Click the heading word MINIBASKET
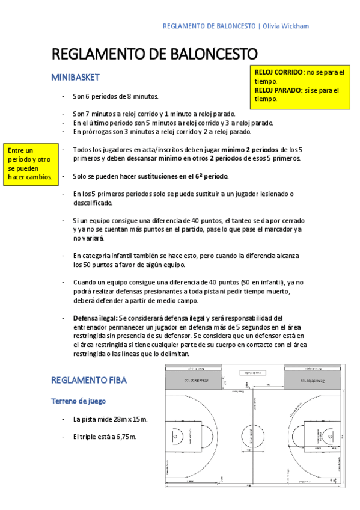point(75,78)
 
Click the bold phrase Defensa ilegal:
point(95,318)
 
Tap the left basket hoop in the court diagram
point(175,434)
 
